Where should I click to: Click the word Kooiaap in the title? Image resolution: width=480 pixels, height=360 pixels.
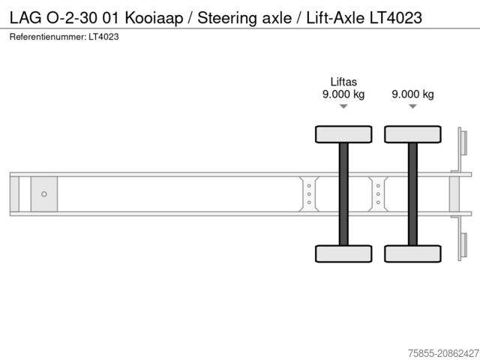coord(157,17)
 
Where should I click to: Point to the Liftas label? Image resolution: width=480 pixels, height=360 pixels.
coord(343,82)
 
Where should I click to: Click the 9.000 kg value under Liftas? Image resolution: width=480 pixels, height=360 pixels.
coord(343,94)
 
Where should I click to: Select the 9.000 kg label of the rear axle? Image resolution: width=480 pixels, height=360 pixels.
coord(412,94)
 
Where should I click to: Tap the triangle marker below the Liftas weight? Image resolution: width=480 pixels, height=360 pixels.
coord(343,106)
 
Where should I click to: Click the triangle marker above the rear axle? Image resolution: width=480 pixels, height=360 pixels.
coord(412,106)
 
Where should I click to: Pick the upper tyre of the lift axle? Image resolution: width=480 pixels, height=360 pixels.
coord(343,134)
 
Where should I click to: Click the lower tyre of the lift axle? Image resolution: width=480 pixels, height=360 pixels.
coord(343,253)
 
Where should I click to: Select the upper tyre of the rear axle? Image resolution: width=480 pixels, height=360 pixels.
coord(412,134)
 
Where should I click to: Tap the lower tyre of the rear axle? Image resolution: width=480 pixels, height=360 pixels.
coord(412,253)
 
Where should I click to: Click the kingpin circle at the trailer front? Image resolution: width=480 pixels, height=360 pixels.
coord(44,194)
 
